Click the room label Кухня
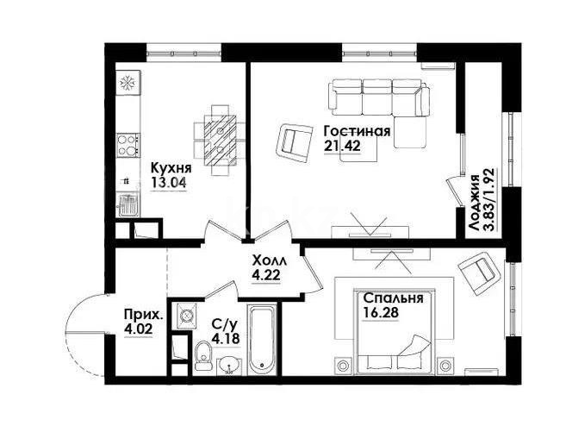pyautogui.click(x=170, y=167)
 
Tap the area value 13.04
pyautogui.click(x=170, y=182)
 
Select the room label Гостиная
pyautogui.click(x=357, y=132)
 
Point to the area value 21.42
pyautogui.click(x=341, y=147)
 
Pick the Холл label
pyautogui.click(x=267, y=260)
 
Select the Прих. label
pyautogui.click(x=140, y=315)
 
